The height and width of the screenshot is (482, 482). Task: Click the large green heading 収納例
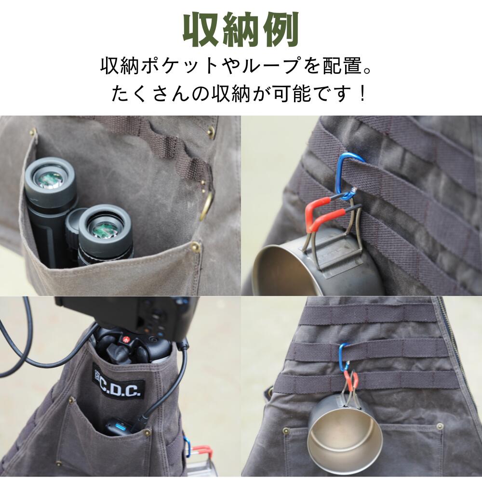pos(241,30)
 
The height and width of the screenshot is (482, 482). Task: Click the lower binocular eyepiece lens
pos(104,227)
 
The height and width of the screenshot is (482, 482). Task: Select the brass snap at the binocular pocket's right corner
pos(195,246)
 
